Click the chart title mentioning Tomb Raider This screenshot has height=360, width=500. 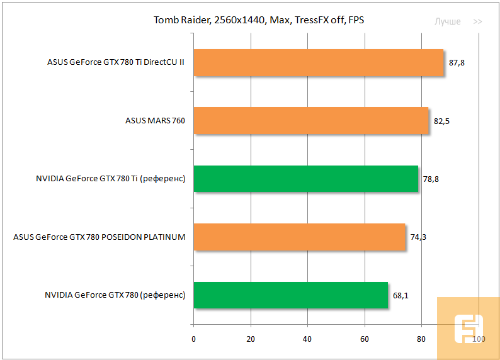click(x=259, y=20)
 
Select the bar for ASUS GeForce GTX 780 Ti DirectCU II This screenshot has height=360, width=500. click(x=318, y=62)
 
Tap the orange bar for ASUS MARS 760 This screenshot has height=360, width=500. click(x=310, y=120)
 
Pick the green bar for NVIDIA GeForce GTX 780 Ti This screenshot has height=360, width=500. click(x=305, y=179)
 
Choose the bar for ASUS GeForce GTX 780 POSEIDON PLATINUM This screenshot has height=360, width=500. click(x=299, y=237)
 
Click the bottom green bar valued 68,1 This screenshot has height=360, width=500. click(x=290, y=295)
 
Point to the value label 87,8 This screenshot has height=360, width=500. click(x=457, y=63)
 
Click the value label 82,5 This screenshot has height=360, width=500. click(x=441, y=121)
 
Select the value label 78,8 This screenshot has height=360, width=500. click(x=431, y=179)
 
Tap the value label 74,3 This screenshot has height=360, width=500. click(x=418, y=237)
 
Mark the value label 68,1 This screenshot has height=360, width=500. click(x=401, y=295)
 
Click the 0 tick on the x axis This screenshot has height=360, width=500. click(x=193, y=339)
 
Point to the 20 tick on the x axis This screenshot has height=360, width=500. click(x=251, y=339)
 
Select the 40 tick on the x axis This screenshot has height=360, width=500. click(x=307, y=339)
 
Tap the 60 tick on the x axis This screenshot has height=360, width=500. click(x=365, y=339)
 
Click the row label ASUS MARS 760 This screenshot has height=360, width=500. click(x=155, y=121)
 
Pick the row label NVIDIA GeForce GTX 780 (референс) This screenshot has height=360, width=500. click(x=115, y=295)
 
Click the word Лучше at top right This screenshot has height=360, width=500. click(x=447, y=21)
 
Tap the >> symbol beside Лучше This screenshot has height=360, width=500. click(x=478, y=21)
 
